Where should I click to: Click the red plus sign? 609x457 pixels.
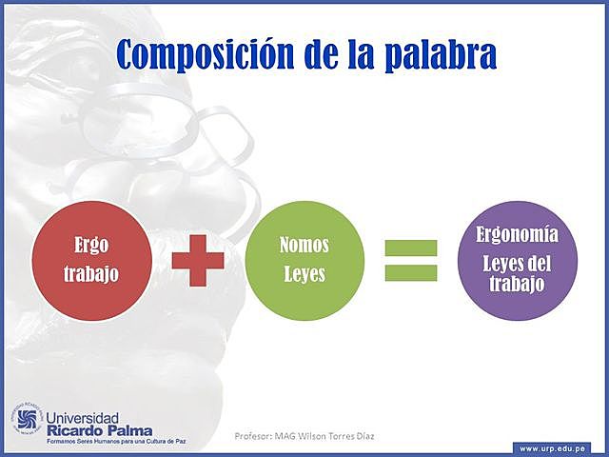198,260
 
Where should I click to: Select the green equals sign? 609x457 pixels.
411,260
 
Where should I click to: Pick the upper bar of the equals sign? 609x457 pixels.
411,248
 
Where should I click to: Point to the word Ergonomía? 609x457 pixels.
518,234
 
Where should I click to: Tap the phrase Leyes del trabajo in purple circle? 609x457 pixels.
518,272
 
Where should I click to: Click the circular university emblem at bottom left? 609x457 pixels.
27,420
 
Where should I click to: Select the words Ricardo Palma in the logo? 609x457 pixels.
98,430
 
